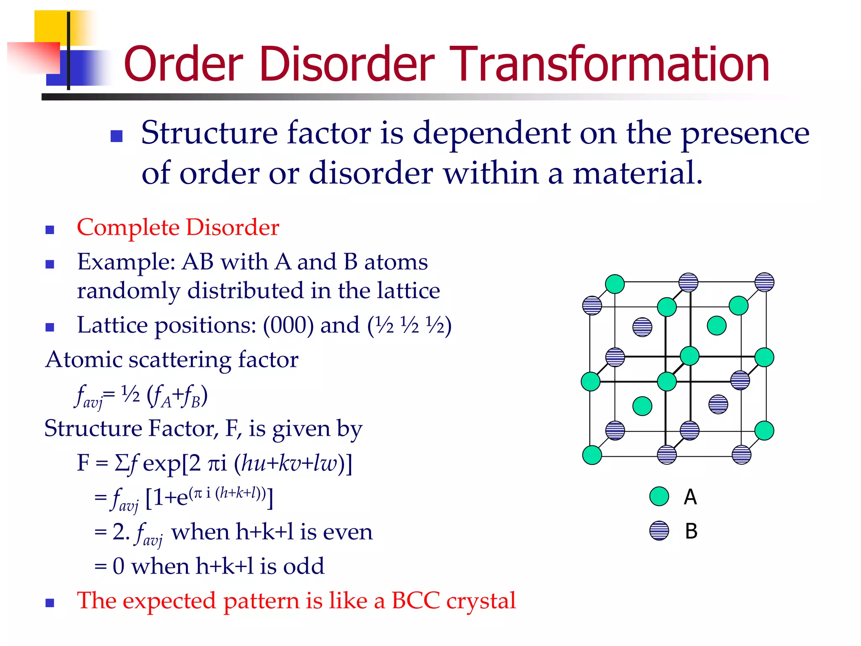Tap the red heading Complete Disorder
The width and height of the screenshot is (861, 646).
(178, 228)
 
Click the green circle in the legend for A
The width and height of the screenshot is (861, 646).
(659, 496)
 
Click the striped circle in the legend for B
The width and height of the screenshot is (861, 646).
(659, 531)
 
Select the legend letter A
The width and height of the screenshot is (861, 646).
(690, 497)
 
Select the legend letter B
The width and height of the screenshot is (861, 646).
(691, 531)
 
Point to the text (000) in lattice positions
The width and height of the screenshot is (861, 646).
(288, 325)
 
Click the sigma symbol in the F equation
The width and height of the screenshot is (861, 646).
(121, 463)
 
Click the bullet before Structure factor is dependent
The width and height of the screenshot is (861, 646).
(116, 136)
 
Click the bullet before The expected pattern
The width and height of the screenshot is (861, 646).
(50, 603)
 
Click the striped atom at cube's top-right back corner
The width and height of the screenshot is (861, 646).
(764, 282)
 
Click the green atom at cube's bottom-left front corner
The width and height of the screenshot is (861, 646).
(592, 455)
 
